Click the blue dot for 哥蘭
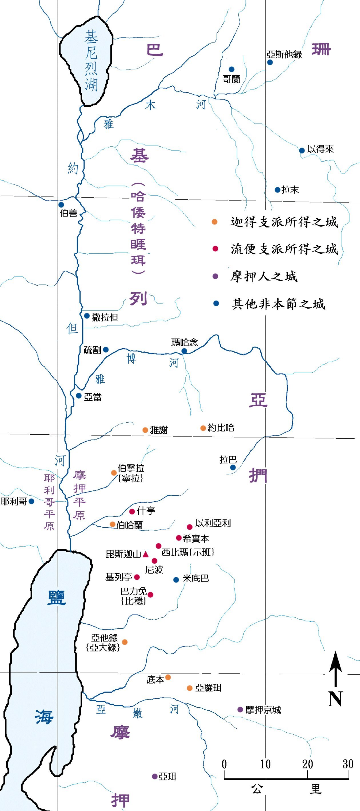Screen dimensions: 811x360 [231, 69]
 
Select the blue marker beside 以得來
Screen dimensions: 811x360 [302, 150]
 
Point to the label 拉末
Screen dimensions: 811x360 [290, 190]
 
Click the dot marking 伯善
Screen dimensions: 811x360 [61, 205]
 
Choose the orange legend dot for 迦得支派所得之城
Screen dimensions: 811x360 [215, 222]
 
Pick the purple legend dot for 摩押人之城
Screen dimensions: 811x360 [215, 277]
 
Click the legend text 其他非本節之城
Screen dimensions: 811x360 [278, 304]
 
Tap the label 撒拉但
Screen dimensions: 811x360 [105, 317]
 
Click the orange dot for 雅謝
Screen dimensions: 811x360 [145, 430]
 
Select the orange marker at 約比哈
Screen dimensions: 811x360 [203, 428]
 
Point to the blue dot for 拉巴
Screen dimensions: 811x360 [233, 468]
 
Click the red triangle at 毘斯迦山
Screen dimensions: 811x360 [145, 554]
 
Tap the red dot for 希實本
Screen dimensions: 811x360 [178, 538]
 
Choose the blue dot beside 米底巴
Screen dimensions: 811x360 [176, 580]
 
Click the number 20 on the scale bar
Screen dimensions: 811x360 [307, 764]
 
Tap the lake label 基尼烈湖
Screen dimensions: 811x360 [91, 60]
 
